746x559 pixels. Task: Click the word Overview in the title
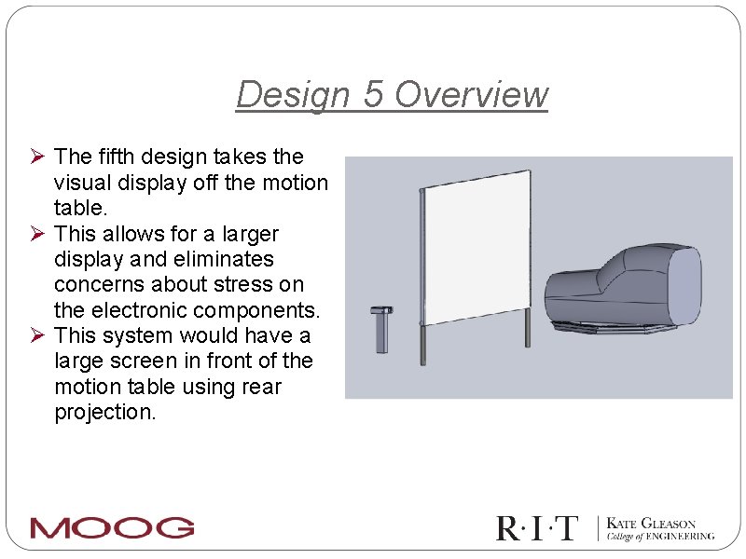(472, 95)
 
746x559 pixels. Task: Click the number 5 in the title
(373, 95)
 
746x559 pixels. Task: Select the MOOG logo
(112, 528)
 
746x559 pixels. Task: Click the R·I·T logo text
(537, 528)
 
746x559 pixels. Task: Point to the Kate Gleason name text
(652, 524)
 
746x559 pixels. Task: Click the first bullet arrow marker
(38, 157)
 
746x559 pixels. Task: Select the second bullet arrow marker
(38, 233)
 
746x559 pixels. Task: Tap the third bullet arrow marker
(38, 335)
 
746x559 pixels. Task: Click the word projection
(105, 412)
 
